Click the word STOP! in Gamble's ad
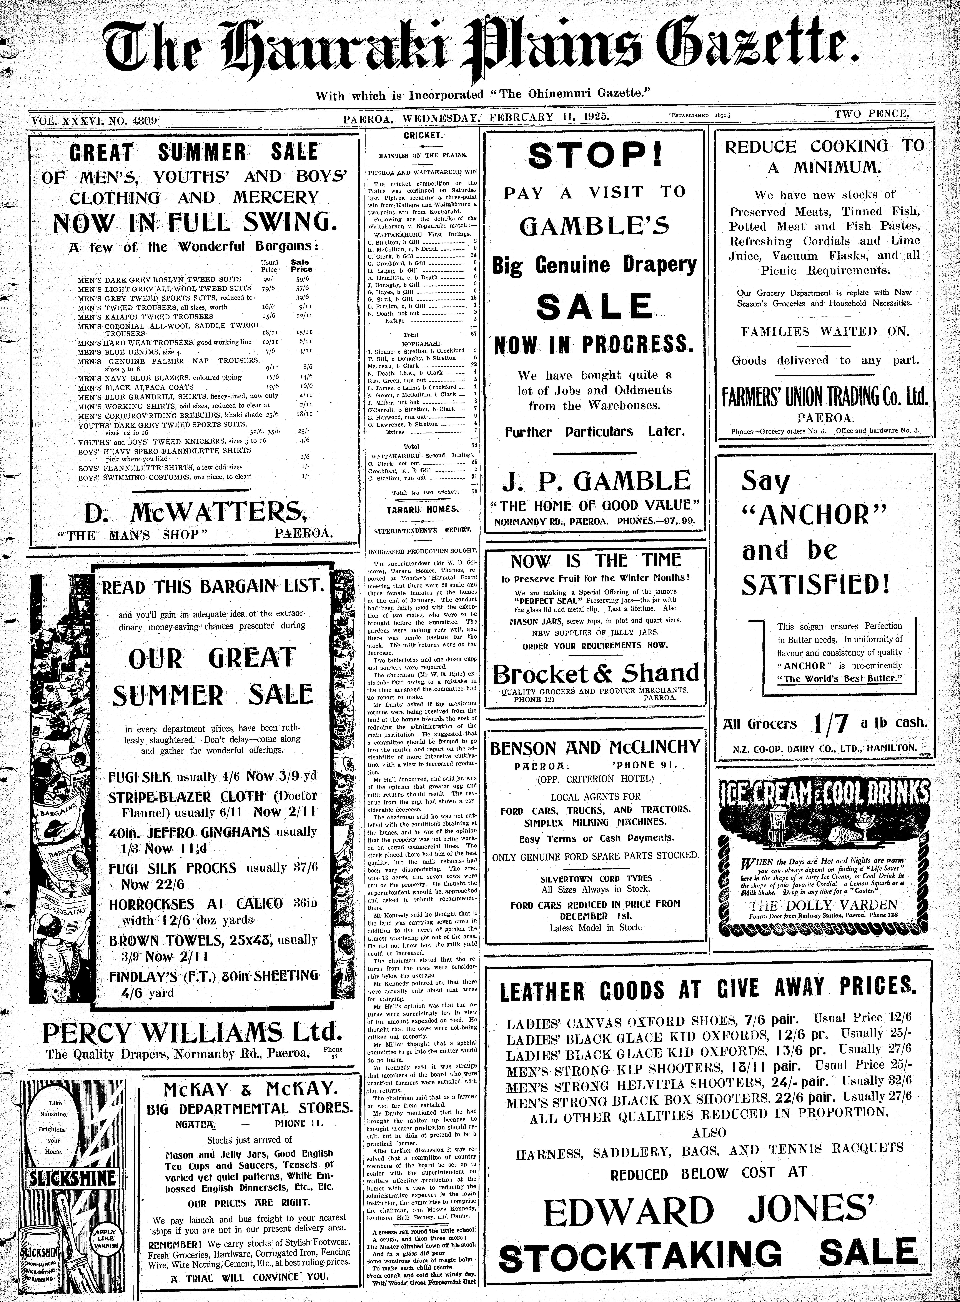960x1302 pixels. coord(594,155)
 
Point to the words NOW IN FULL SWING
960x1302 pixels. coord(194,221)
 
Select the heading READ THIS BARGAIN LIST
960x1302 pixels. coord(213,586)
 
